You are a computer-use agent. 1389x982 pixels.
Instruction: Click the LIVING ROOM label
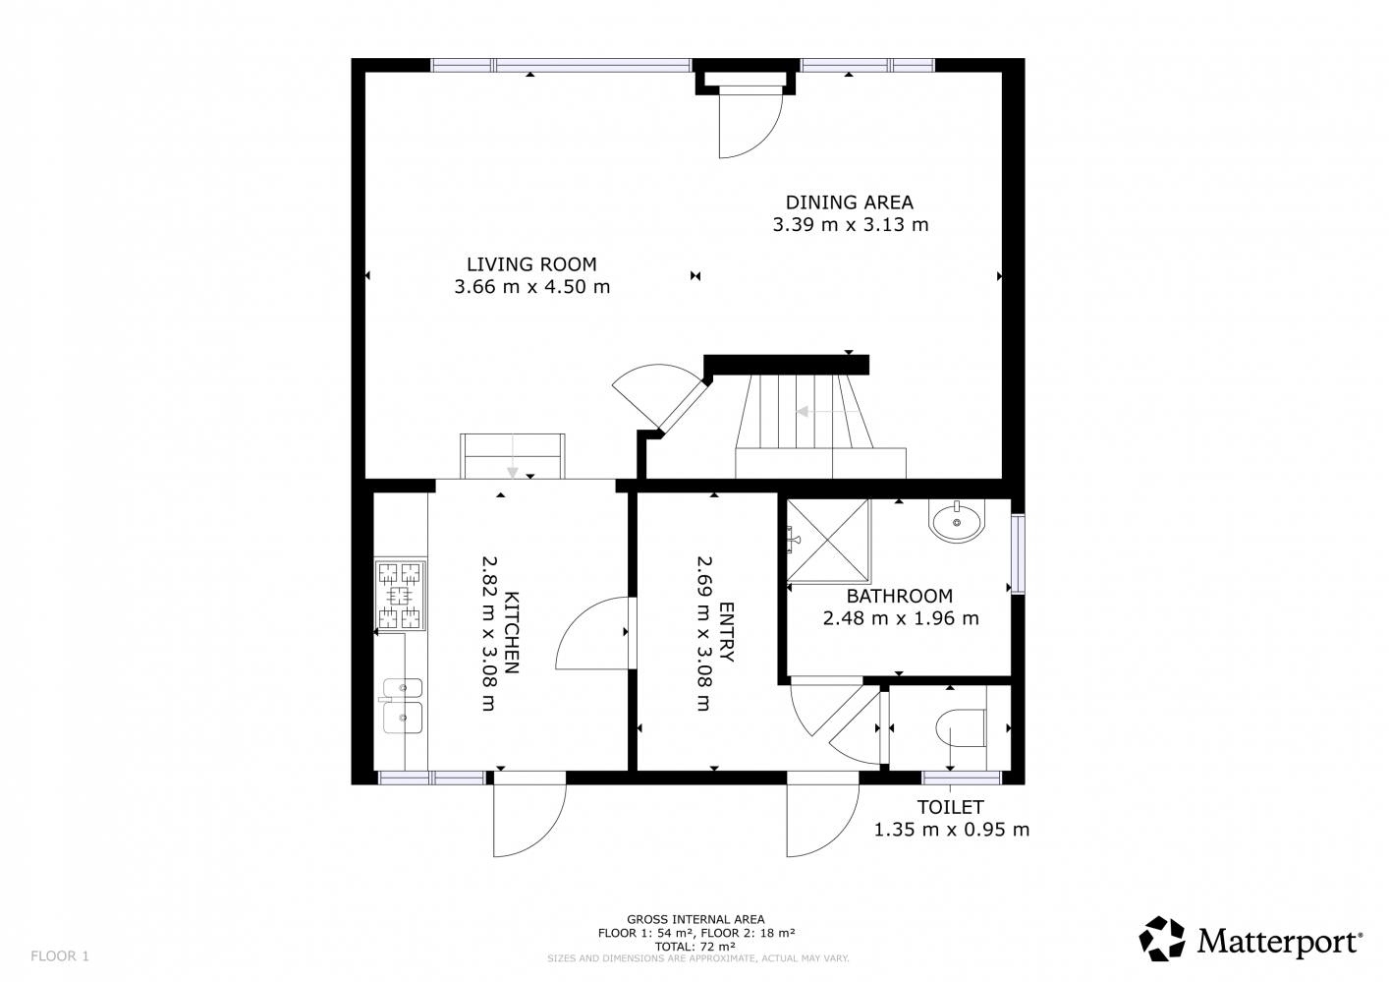pyautogui.click(x=531, y=264)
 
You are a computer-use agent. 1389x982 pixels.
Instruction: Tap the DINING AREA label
pyautogui.click(x=849, y=202)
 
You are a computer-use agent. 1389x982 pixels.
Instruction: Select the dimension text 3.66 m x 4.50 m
pyautogui.click(x=532, y=287)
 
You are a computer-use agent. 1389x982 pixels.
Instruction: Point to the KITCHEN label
pyautogui.click(x=511, y=632)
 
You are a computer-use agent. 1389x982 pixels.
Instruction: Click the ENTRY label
pyautogui.click(x=726, y=632)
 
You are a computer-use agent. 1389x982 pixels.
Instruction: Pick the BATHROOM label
pyautogui.click(x=899, y=596)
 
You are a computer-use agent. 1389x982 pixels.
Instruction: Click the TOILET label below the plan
pyautogui.click(x=950, y=807)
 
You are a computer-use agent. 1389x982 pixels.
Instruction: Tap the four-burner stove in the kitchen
pyautogui.click(x=400, y=596)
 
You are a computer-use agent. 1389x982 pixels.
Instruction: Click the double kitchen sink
pyautogui.click(x=402, y=706)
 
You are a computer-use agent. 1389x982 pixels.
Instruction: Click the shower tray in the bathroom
pyautogui.click(x=828, y=541)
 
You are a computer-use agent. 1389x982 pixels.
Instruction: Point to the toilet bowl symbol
pyautogui.click(x=961, y=728)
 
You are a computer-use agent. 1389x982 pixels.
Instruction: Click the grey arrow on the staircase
pyautogui.click(x=828, y=411)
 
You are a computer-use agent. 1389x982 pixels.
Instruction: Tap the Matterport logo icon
pyautogui.click(x=1161, y=939)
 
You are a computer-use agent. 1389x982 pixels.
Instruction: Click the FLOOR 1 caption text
pyautogui.click(x=60, y=955)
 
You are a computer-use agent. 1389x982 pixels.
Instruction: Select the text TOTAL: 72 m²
pyautogui.click(x=695, y=947)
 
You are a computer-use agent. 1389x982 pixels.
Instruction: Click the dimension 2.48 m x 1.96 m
pyautogui.click(x=901, y=618)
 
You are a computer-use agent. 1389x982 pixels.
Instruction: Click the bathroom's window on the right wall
pyautogui.click(x=1018, y=554)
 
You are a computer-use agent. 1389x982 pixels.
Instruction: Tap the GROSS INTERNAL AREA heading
pyautogui.click(x=695, y=919)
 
